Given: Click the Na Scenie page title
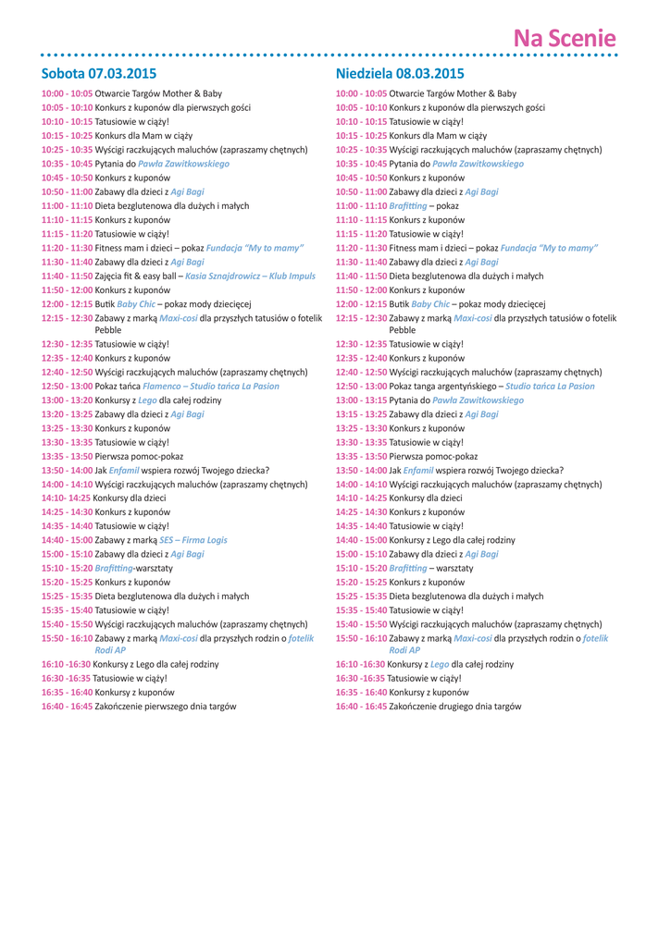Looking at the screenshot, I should pos(565,38).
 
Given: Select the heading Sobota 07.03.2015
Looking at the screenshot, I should pos(99,73).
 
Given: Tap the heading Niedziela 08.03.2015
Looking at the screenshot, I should pos(400,73).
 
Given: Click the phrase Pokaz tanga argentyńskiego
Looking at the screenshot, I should pos(444,387).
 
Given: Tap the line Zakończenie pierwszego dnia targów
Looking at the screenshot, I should pos(166,707).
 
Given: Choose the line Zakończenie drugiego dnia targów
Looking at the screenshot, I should pos(454,707).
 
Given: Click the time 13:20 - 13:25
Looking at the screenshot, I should pos(67,414).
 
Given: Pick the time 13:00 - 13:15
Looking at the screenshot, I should pos(361,400).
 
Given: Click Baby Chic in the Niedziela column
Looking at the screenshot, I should pos(431,303).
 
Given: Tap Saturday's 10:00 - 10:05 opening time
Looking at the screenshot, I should pos(67,93).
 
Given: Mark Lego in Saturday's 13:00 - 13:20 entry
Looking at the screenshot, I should pos(148,400).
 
